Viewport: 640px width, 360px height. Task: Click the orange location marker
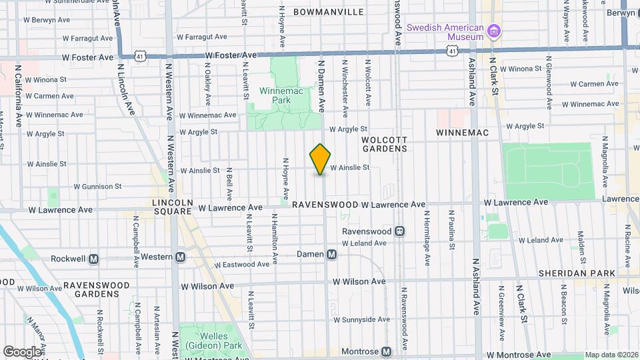tap(320, 159)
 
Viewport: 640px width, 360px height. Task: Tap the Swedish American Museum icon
tap(494, 31)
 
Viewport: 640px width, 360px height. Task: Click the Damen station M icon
tap(331, 254)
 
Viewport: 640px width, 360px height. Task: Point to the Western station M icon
tap(181, 257)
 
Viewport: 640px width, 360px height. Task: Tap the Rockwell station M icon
tap(94, 259)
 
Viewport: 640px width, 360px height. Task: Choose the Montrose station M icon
tap(387, 351)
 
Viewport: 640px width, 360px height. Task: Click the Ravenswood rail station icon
tap(399, 231)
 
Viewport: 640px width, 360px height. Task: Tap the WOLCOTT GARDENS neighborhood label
tap(384, 144)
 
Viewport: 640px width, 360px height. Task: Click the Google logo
tap(23, 351)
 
